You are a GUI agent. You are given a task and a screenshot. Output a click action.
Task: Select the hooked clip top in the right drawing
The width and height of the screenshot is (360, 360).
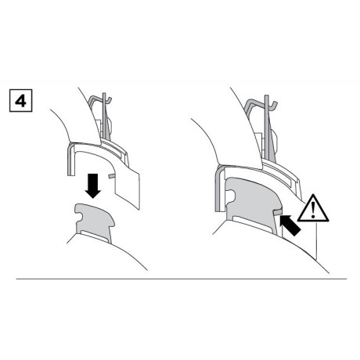257,102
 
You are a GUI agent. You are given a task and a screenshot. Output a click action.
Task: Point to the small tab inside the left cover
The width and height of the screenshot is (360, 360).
112,177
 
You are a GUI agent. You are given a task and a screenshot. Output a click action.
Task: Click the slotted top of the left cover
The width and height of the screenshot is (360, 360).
110,149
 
